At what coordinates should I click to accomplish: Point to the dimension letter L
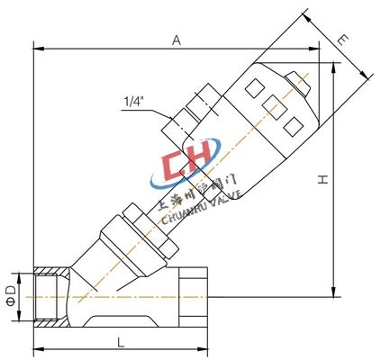click(119, 341)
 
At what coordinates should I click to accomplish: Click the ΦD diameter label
click(11, 293)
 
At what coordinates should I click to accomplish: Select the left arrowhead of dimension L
click(37, 349)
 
